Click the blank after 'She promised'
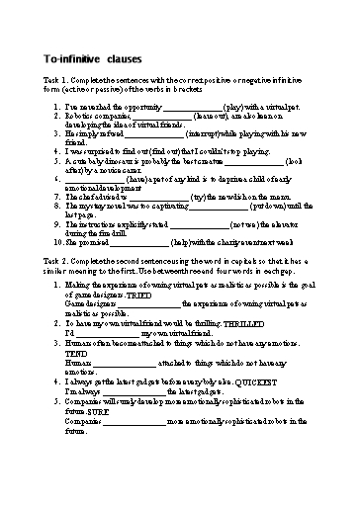point(138,243)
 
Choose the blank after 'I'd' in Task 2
point(109,334)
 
